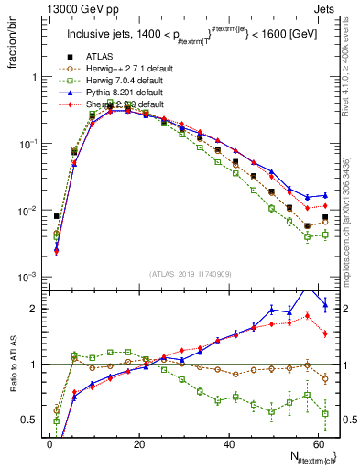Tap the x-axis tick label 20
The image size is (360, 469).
point(138,443)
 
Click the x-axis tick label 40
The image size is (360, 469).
point(228,443)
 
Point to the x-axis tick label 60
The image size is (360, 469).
point(318,443)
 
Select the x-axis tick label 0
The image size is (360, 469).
point(49,443)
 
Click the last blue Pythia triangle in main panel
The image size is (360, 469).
point(324,195)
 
